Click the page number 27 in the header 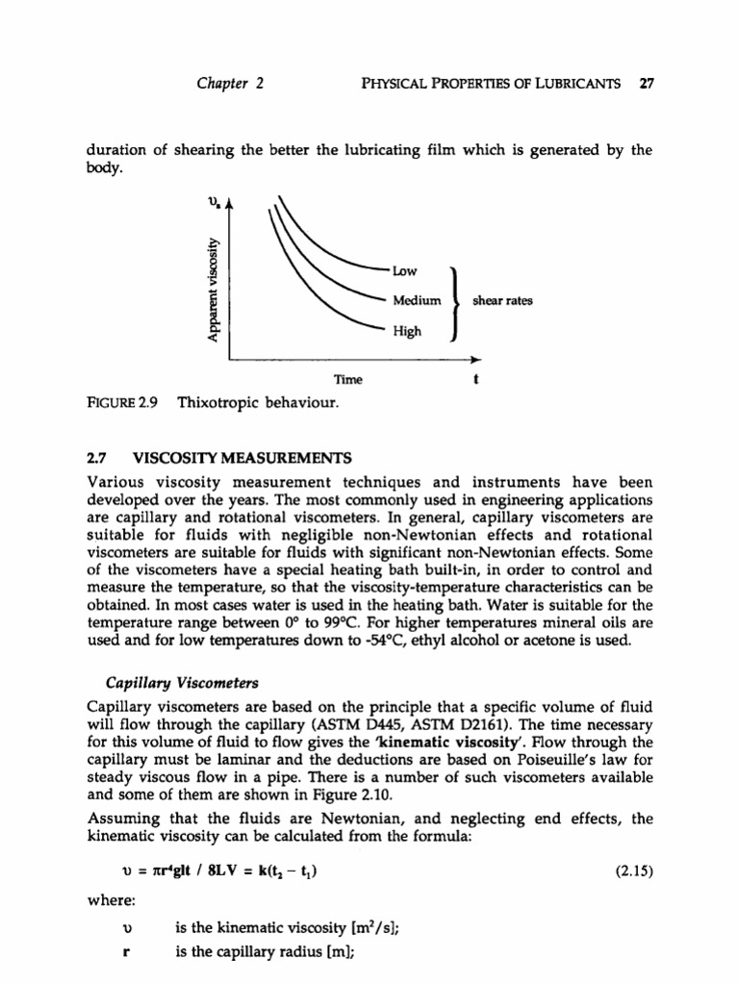click(x=647, y=83)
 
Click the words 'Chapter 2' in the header click(x=230, y=83)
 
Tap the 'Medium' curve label click(x=416, y=301)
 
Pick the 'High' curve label click(x=407, y=332)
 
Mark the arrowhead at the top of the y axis click(x=229, y=202)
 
